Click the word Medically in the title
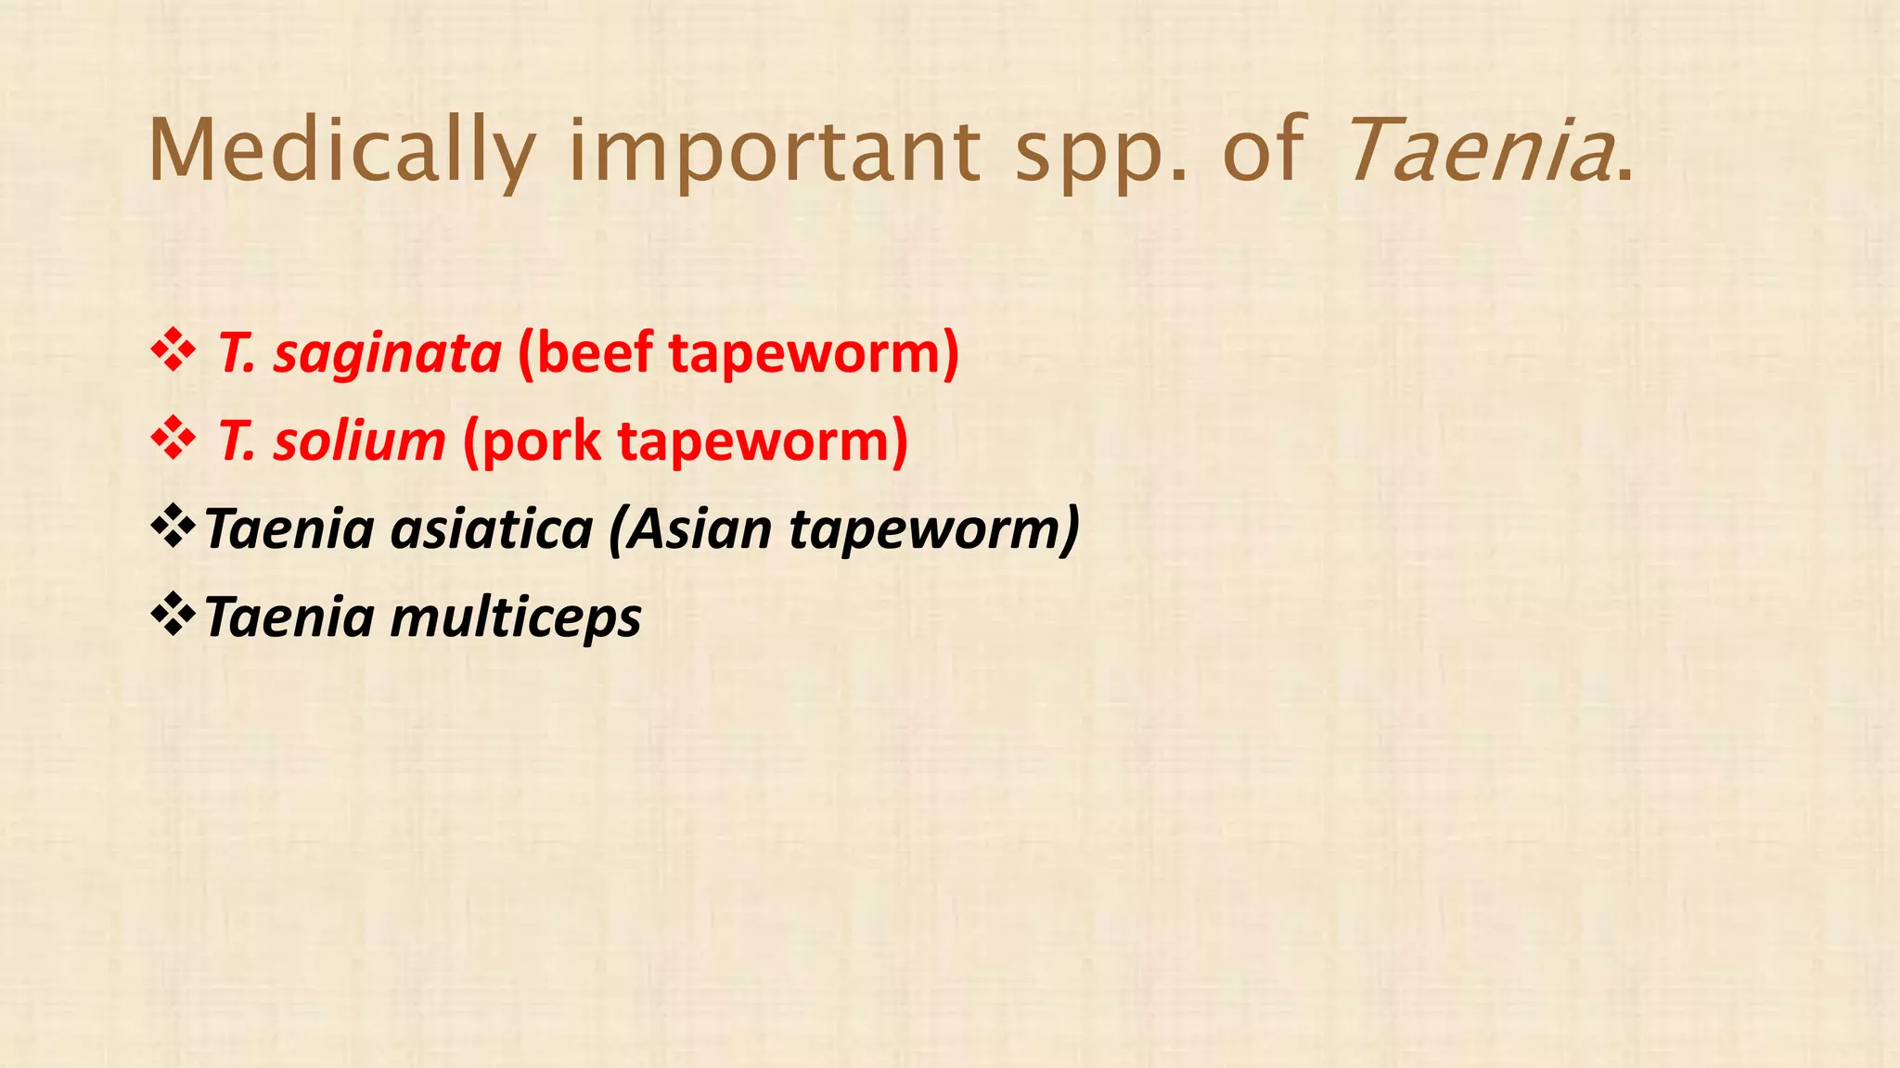tap(341, 151)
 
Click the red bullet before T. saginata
tap(173, 353)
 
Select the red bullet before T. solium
tap(173, 440)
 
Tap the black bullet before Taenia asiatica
tap(173, 528)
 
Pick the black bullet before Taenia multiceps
tap(173, 617)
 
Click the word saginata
tap(387, 355)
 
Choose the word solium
tap(359, 441)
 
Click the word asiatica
tap(492, 529)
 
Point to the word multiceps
tap(516, 618)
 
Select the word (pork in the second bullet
tap(532, 441)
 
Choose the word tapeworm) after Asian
tap(935, 530)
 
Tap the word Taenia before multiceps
tap(289, 617)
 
